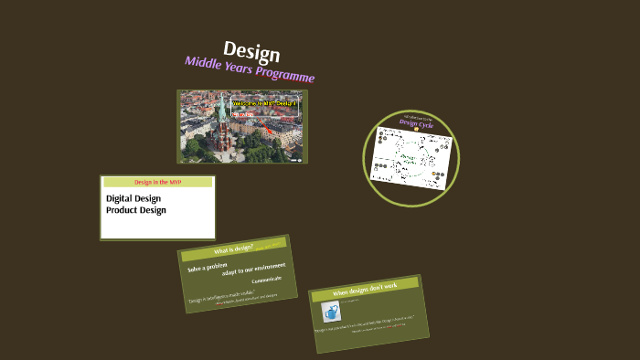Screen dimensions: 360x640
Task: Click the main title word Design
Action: (251, 52)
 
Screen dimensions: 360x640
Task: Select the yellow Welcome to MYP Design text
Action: (265, 104)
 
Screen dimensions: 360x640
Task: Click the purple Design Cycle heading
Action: (421, 123)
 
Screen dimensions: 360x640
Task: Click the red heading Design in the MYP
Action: (157, 183)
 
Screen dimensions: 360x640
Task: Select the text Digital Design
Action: (133, 198)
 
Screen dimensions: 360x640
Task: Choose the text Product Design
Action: (136, 210)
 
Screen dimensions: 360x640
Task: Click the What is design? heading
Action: (233, 249)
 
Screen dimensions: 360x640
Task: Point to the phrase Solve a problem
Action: (208, 267)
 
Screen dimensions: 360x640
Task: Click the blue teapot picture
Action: (331, 310)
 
